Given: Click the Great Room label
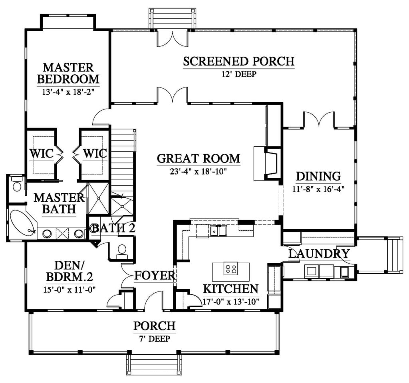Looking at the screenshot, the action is (199, 159).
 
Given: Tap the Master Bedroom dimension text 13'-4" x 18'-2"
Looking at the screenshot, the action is (68, 92).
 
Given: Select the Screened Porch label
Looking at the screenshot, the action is (239, 62).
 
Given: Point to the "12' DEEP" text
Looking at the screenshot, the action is (239, 74).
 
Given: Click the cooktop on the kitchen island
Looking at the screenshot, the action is (230, 268).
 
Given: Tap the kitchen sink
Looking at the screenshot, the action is (218, 231).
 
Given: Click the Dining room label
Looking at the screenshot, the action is (318, 177).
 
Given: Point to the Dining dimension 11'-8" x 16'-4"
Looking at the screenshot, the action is (318, 189).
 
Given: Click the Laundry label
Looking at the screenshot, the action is (319, 254).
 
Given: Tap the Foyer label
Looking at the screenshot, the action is (155, 276).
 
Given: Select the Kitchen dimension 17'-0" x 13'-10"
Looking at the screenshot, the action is (231, 302).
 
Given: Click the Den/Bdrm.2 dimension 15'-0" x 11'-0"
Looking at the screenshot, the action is (69, 290).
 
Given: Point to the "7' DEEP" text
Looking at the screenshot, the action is (155, 339).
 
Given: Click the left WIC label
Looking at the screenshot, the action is (42, 153).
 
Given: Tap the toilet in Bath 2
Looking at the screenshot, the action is (122, 251).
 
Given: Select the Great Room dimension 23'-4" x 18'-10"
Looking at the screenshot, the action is (198, 171).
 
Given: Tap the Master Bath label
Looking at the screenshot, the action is (59, 204).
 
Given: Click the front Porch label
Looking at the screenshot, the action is (155, 326).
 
